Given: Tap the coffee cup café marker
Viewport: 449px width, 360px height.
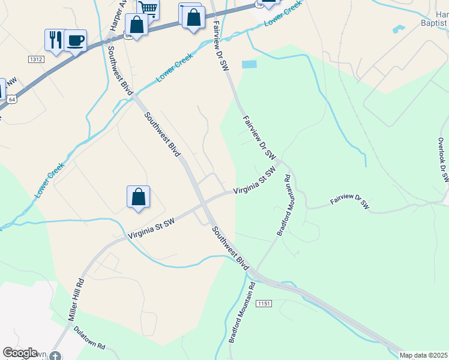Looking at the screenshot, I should pyautogui.click(x=76, y=41).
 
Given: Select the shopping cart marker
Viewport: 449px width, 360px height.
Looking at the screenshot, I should pyautogui.click(x=148, y=8).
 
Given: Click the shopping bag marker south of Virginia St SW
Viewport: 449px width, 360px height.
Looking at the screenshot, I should pyautogui.click(x=138, y=197).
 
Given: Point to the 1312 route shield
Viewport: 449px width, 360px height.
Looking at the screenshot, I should pyautogui.click(x=36, y=59).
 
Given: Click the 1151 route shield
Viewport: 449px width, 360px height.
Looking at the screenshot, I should pyautogui.click(x=263, y=304).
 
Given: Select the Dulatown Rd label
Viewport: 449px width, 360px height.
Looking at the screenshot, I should pyautogui.click(x=89, y=338).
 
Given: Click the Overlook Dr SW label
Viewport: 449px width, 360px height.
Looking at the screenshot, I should pyautogui.click(x=443, y=160).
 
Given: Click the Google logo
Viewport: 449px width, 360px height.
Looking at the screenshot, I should pyautogui.click(x=20, y=353).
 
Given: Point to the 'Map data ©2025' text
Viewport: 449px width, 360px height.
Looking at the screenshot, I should pyautogui.click(x=424, y=355).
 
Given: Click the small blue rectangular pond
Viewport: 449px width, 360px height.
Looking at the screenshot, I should pyautogui.click(x=249, y=64).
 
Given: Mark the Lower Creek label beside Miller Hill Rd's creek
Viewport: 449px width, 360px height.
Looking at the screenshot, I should pyautogui.click(x=50, y=180).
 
